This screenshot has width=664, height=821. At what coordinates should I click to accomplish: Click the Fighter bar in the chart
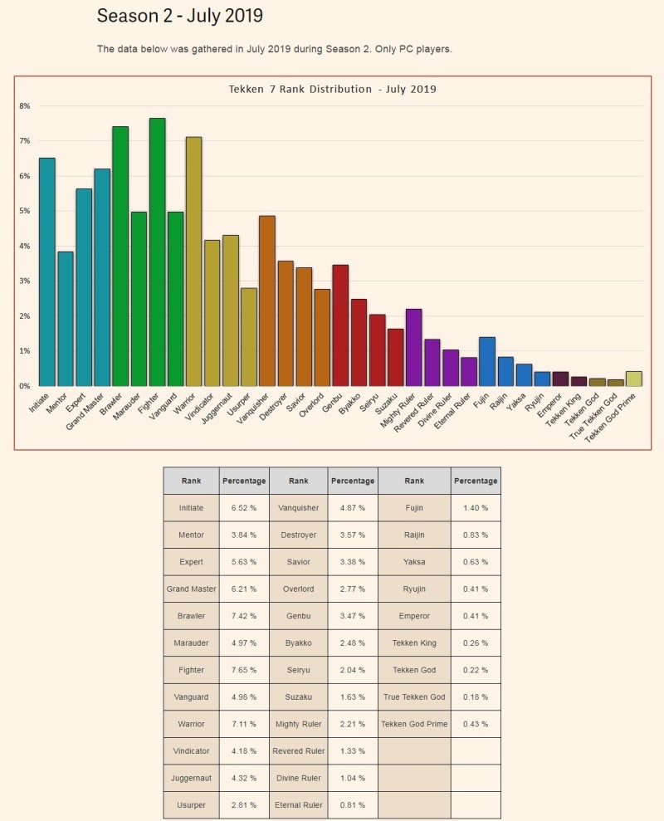(157, 252)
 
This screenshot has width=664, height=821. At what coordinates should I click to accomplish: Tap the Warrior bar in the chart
(193, 261)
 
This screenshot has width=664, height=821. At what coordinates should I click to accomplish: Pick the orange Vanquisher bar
(266, 301)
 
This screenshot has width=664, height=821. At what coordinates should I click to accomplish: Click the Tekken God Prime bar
(633, 379)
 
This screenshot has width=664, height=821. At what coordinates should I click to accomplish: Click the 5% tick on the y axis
(24, 211)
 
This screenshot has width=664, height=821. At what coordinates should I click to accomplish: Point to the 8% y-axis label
(24, 106)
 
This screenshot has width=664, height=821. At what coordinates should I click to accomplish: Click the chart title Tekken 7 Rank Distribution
(332, 89)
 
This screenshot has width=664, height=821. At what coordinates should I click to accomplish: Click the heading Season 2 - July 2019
(180, 16)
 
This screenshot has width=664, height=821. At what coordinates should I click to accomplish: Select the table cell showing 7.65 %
(244, 670)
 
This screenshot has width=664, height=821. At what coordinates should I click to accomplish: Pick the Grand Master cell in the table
(191, 589)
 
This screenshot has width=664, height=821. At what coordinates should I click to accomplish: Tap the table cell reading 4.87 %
(353, 508)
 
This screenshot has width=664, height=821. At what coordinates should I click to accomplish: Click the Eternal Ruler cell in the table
(298, 805)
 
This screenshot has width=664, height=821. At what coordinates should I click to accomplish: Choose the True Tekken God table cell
(414, 696)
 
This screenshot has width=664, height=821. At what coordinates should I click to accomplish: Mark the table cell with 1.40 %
(476, 508)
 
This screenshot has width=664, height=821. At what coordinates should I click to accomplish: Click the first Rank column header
(191, 481)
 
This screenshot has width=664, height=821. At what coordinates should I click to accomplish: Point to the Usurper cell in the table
(191, 805)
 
